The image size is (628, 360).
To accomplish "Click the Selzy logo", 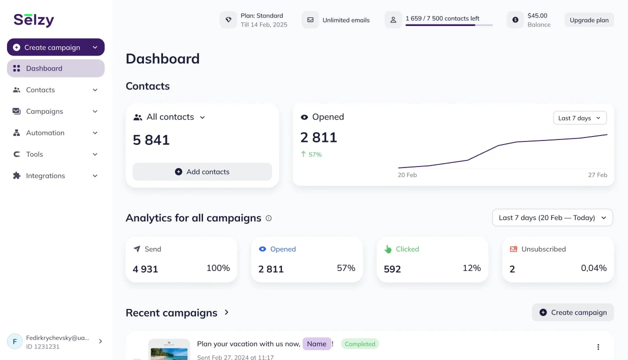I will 33,20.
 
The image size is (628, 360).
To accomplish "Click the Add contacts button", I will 202,171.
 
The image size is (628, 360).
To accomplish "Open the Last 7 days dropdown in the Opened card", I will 579,118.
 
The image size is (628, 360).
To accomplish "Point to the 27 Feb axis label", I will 597,175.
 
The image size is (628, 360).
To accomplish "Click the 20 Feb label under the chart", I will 407,175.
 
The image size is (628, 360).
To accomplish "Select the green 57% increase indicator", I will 311,154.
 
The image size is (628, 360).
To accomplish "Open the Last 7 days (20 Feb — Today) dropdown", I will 552,217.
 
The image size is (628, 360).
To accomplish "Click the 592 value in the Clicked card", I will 392,269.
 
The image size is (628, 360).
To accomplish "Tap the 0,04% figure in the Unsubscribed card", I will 593,268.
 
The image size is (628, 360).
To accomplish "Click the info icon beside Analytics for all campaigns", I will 268,218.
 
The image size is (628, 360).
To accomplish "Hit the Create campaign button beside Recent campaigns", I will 572,312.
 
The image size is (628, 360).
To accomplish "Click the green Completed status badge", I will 360,344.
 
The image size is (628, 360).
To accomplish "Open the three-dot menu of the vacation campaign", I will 598,347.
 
